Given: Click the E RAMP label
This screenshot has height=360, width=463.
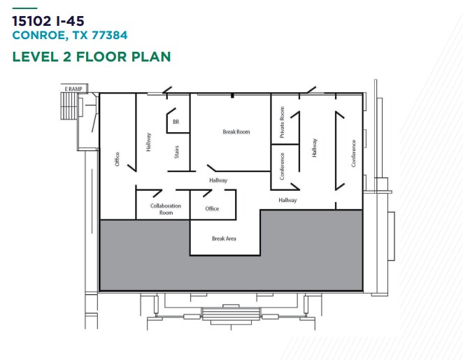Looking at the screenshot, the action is pos(73,89).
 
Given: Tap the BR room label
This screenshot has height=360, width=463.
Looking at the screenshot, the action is pos(176,122).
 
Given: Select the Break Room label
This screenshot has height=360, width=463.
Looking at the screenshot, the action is pos(236,132).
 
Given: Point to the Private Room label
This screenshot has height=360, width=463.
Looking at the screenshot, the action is pos(282,122).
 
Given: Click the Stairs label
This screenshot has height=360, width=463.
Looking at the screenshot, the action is pos(176,152).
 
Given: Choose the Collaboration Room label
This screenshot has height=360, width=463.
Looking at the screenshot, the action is pos(166,209).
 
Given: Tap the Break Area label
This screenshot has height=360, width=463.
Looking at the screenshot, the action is pos(224,238).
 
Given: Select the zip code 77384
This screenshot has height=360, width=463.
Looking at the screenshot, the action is pos(110,35).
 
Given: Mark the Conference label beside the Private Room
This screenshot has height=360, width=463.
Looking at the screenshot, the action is pos(282,166).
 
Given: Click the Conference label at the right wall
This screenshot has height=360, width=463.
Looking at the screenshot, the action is pos(353,154).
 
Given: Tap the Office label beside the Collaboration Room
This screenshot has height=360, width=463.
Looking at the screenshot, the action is pos(212,208).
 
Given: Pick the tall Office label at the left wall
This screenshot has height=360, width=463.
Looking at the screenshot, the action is pos(117,159).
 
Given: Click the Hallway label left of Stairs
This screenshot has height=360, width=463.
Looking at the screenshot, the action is pos(148,142).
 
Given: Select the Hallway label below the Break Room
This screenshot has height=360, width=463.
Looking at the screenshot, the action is pos(218,180).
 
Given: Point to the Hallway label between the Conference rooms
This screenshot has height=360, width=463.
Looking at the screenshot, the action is pos(314,147).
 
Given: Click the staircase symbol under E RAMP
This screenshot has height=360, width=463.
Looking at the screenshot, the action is pos(69,106).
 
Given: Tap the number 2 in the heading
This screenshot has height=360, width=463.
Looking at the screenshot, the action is pos(67,57).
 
